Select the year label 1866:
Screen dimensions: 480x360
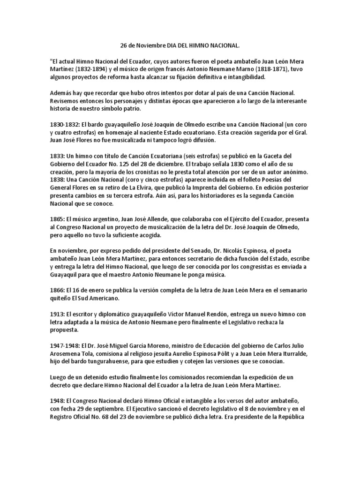pyautogui.click(x=57, y=291)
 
